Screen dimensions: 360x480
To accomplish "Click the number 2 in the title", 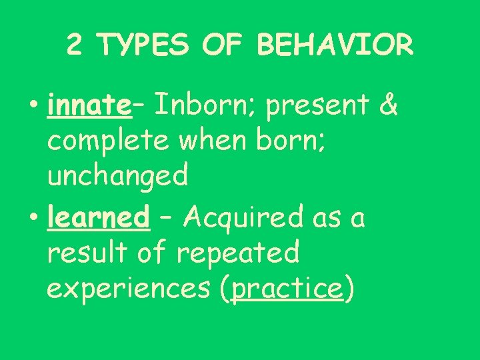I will [x=75, y=46].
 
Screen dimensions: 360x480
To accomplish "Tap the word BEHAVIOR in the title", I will [x=334, y=46].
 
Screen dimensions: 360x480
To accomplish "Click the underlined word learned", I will [x=98, y=217].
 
